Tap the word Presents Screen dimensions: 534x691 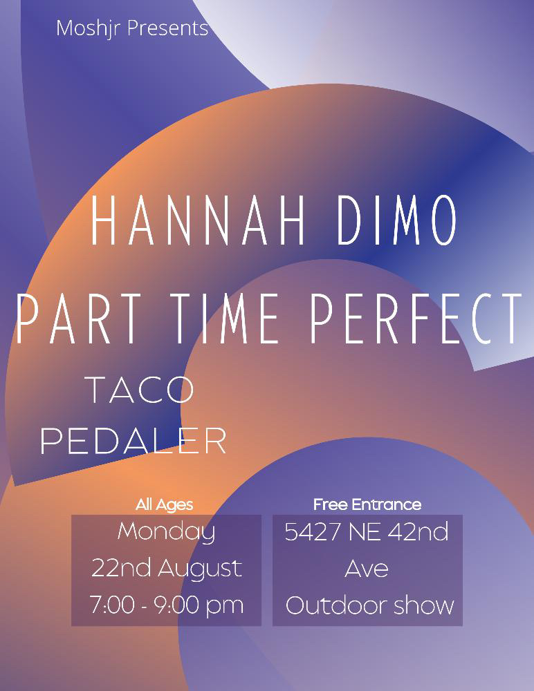(167, 28)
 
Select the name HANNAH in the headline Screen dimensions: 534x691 (197, 220)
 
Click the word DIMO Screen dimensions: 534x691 (396, 220)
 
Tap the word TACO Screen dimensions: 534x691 (142, 390)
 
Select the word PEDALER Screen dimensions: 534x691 (133, 440)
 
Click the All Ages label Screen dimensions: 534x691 (164, 505)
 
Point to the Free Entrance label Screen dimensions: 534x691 (367, 504)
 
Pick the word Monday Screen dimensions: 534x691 (167, 532)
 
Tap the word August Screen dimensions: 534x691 (200, 569)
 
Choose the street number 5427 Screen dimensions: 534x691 (313, 532)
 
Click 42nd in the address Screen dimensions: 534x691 (418, 531)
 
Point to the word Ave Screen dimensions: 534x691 (367, 569)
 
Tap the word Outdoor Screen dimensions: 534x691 (336, 605)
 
